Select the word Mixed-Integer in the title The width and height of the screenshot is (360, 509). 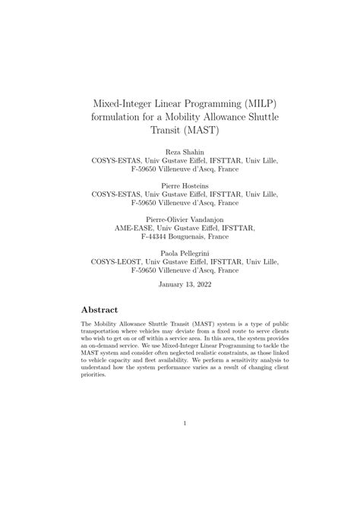(x=130, y=100)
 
